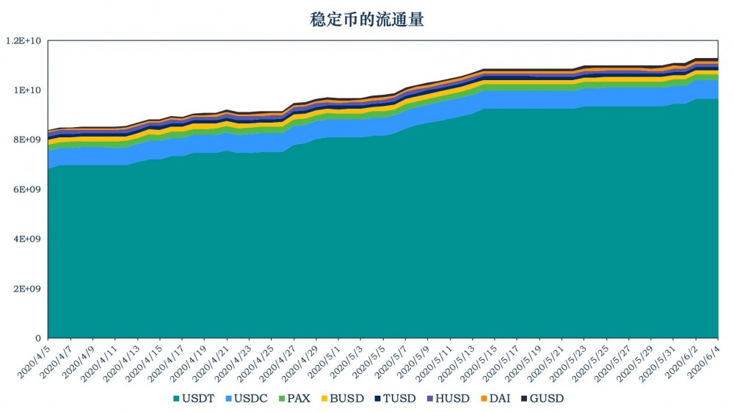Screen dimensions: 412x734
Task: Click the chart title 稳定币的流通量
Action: coord(367,20)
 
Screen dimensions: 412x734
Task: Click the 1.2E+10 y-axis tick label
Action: coord(24,41)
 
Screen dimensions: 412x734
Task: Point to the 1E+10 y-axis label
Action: coord(28,90)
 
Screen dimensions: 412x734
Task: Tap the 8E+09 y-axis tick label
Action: coord(27,140)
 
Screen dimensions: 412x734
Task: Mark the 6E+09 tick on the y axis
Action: coord(27,189)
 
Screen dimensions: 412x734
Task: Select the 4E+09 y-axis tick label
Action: coord(27,239)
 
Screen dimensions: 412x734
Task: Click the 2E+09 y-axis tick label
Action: coord(27,289)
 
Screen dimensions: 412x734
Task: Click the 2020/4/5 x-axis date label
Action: coord(33,360)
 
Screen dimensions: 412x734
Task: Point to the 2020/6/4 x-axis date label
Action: coord(703,360)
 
